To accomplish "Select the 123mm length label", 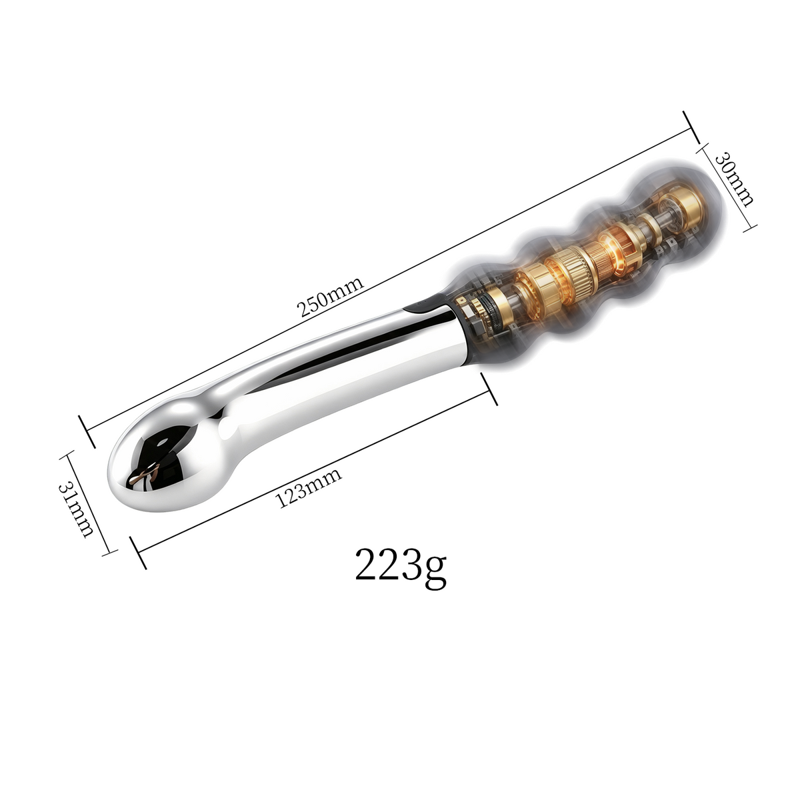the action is coord(309,487).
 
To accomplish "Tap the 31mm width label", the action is coord(76,510).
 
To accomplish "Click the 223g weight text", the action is coord(400,567).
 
